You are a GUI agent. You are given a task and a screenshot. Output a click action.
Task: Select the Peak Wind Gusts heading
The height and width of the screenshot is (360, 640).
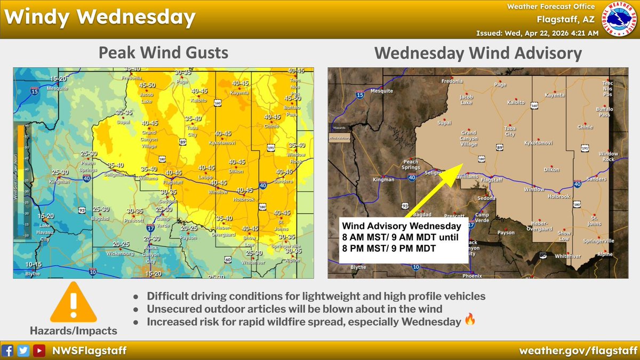163,53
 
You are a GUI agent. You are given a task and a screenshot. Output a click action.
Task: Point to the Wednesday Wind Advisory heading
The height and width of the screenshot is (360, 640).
478,53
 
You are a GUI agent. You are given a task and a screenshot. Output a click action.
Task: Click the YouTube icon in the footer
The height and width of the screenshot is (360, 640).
39,350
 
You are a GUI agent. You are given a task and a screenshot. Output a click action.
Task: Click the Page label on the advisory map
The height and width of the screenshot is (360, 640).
500,84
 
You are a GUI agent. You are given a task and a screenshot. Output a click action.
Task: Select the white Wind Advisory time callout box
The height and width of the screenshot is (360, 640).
403,239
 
